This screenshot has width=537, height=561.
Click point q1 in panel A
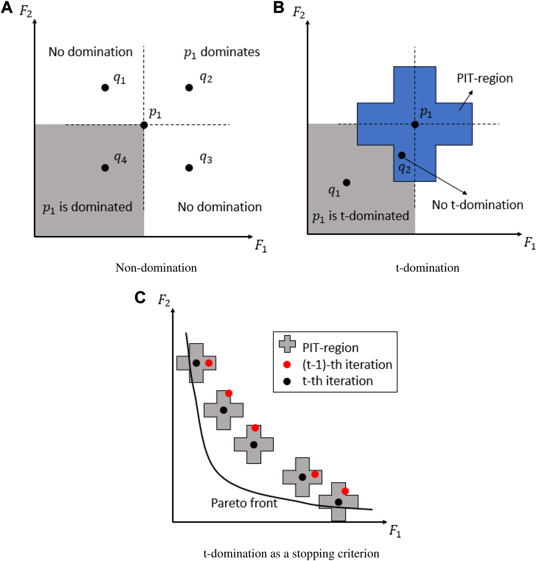click(x=105, y=87)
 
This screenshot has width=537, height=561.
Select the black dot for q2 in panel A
click(x=189, y=87)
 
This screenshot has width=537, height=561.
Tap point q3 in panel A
click(x=189, y=168)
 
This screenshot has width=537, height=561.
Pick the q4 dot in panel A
click(x=105, y=168)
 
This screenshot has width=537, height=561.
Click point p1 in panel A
click(x=144, y=125)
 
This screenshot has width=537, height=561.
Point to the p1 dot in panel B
click(x=415, y=124)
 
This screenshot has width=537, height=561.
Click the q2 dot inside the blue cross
click(x=401, y=155)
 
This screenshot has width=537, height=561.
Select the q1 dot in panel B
click(x=346, y=183)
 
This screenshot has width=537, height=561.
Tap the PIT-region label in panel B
click(x=485, y=78)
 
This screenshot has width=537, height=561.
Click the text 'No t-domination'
click(x=478, y=205)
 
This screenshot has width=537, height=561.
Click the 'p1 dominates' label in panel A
click(x=222, y=52)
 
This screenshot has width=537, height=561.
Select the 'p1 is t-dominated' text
click(x=360, y=216)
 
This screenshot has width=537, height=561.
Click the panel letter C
click(x=140, y=297)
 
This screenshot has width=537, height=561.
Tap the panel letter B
click(x=279, y=7)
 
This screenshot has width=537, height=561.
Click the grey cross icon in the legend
click(x=287, y=344)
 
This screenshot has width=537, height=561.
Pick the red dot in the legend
click(x=287, y=365)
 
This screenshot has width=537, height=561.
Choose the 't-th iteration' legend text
click(x=337, y=381)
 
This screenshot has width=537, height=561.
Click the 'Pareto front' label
click(x=244, y=503)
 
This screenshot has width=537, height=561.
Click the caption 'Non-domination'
click(x=156, y=268)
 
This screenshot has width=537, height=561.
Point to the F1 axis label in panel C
click(x=395, y=531)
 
